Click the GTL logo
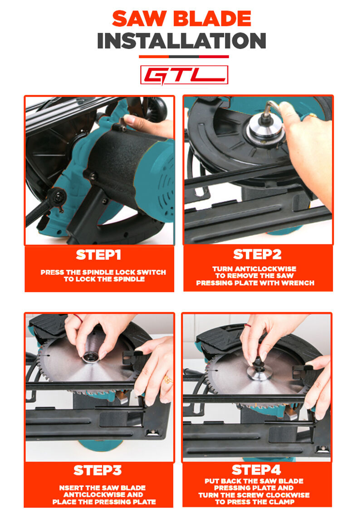(184, 75)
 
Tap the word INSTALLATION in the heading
(181, 41)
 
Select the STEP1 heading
(98, 255)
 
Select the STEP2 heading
(257, 254)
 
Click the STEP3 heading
(98, 470)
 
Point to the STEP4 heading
(256, 470)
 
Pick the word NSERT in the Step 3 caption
(69, 488)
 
